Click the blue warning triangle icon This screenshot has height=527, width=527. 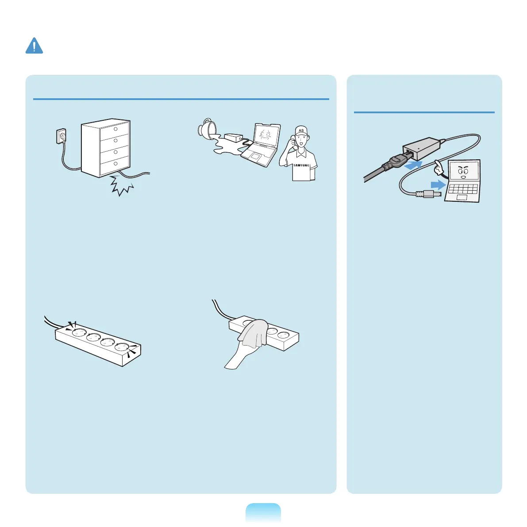tap(34, 46)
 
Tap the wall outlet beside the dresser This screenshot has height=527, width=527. tap(61, 136)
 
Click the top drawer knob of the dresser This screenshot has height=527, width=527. tap(115, 129)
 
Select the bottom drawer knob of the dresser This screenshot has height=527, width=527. tap(115, 164)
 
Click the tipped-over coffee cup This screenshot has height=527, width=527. tap(207, 127)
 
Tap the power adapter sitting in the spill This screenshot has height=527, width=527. tap(234, 138)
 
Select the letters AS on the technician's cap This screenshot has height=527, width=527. tap(301, 131)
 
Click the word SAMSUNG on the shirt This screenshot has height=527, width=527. tap(301, 165)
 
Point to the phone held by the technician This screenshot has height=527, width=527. tap(293, 143)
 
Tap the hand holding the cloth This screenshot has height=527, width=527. tap(237, 356)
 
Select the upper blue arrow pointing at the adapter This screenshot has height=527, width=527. tap(413, 165)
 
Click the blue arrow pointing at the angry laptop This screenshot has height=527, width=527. tap(438, 185)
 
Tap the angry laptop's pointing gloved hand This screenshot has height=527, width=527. tap(439, 168)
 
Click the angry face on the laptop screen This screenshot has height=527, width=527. tap(463, 172)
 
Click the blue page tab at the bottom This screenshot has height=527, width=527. tap(263, 513)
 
